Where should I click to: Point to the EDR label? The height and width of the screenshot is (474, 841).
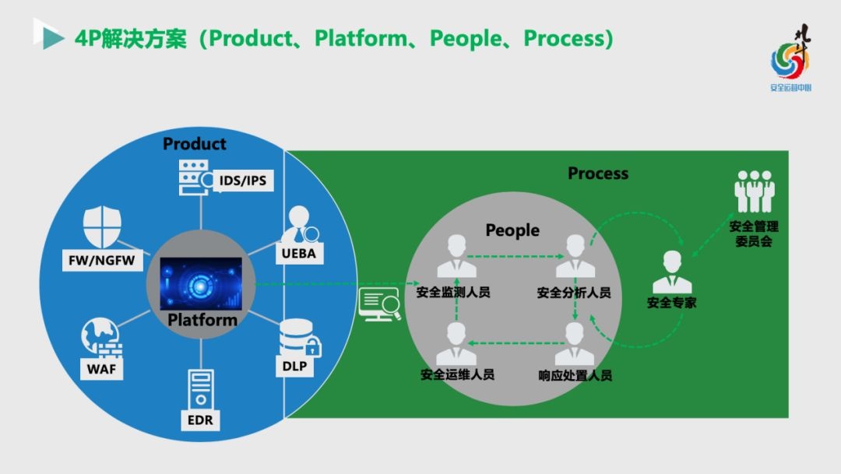coord(200,421)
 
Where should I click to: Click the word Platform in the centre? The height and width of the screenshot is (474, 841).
coord(202,319)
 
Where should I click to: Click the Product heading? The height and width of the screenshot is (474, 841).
coord(195,144)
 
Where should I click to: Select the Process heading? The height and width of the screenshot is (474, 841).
coord(598,173)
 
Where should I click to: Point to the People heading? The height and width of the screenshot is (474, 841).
coord(512,230)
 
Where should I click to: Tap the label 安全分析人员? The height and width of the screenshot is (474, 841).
coord(574,293)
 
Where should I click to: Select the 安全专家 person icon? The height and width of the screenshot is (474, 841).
coord(672,272)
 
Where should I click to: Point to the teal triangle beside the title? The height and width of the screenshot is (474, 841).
coord(52,37)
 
